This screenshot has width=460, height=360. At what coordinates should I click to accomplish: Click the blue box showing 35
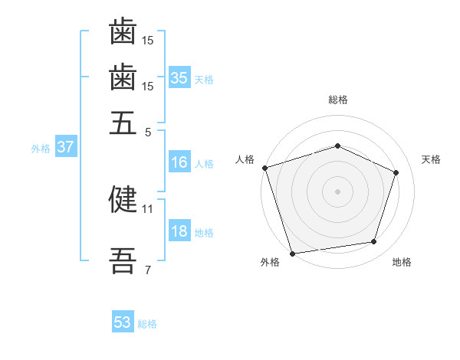179,77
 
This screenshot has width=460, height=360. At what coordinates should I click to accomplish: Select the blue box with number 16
179,162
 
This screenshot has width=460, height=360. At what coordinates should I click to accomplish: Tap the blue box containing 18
179,231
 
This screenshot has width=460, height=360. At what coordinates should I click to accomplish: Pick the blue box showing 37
65,147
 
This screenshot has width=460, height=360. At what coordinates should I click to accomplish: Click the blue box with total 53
123,322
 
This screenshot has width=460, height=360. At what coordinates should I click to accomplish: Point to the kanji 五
123,123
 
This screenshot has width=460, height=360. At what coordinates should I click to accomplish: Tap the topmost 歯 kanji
123,32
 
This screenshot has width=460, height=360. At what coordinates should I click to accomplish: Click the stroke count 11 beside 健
147,208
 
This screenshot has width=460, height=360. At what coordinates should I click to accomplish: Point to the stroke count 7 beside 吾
147,270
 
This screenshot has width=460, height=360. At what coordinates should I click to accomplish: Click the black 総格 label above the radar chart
338,100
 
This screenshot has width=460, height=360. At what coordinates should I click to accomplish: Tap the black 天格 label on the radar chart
431,159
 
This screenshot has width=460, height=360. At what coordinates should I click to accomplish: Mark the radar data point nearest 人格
264,168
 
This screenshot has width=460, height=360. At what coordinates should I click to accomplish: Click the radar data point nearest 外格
292,253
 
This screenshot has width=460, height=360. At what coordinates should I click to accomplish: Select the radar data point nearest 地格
374,242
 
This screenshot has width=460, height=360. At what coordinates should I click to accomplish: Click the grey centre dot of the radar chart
337,191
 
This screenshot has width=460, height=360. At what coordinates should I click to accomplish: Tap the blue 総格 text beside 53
147,324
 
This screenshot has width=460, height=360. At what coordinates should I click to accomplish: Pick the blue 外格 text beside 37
41,149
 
